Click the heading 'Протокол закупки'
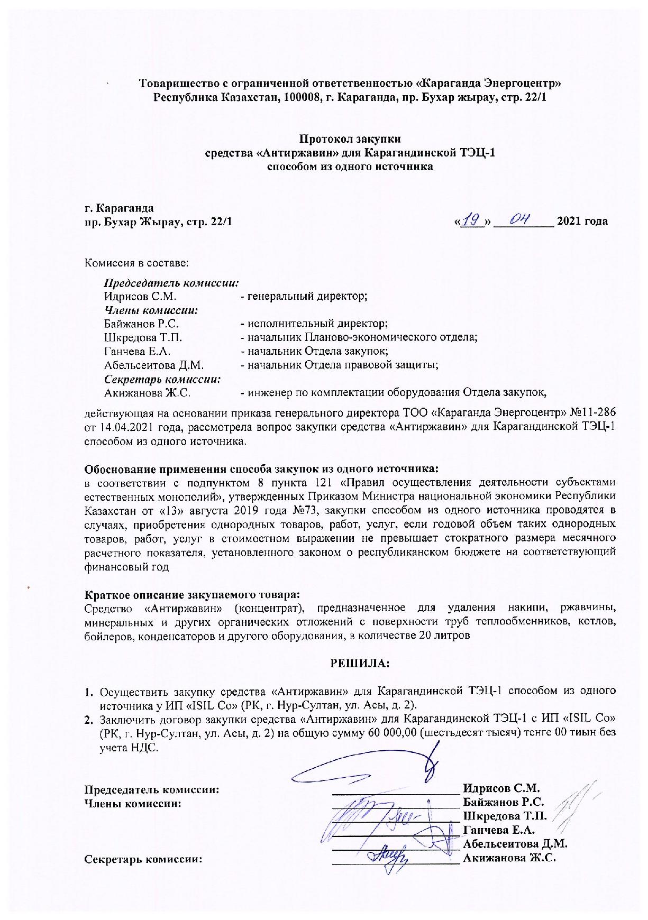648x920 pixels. (350, 139)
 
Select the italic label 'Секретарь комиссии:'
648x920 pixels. (162, 379)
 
